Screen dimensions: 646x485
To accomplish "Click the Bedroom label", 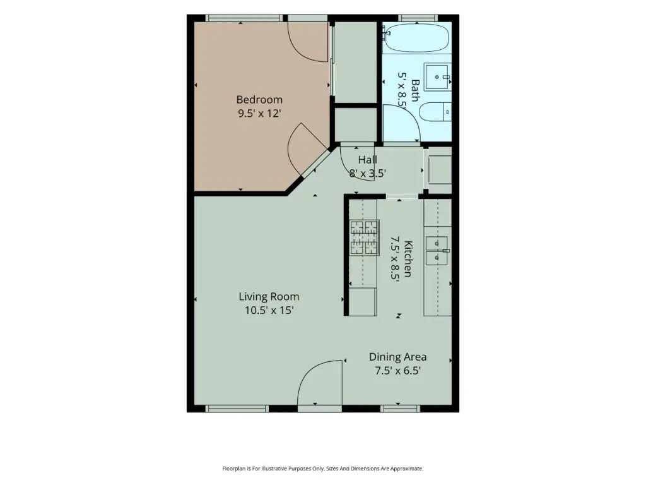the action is click(259, 99).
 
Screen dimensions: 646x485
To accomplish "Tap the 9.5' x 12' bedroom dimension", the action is click(259, 113).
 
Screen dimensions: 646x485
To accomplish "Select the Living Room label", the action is click(269, 297).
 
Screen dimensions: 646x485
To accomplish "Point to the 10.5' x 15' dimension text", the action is click(269, 310).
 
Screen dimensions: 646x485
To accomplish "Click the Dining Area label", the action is click(397, 357).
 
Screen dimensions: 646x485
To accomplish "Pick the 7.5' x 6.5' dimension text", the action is click(397, 370).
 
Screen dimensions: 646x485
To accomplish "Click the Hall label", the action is click(368, 160).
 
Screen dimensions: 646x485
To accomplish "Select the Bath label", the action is click(415, 90).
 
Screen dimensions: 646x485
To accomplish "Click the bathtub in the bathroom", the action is click(416, 38).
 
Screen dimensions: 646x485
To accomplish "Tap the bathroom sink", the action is click(438, 76).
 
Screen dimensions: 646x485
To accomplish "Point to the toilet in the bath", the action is click(435, 111).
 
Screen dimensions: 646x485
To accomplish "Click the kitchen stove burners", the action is click(364, 237).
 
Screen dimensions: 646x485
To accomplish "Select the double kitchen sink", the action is click(437, 250).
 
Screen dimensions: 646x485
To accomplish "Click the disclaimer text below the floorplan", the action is click(322, 469).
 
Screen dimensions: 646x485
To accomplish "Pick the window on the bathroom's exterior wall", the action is click(418, 18).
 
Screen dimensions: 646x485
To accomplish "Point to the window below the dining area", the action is click(400, 409).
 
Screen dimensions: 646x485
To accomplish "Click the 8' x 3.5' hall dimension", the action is click(368, 173).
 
